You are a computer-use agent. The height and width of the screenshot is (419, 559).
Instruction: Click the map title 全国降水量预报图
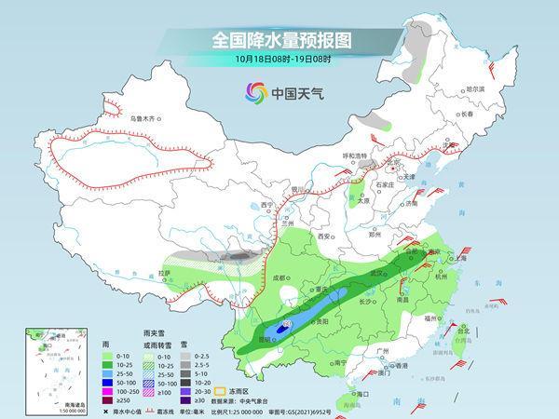[x=279, y=40]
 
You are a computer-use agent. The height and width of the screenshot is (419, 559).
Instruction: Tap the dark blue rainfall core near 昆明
[x=279, y=330]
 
